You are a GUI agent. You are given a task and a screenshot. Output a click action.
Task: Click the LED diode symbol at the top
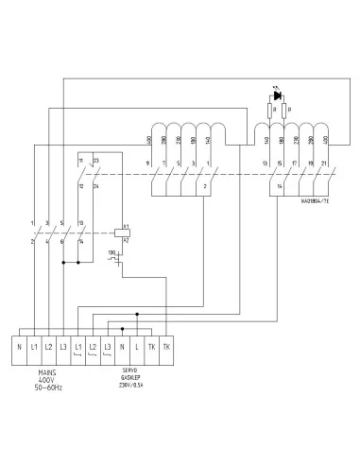[x=276, y=95]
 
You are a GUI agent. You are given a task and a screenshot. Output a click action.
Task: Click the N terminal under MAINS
[x=20, y=347]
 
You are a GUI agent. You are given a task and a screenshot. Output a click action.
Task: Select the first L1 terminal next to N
[x=34, y=347]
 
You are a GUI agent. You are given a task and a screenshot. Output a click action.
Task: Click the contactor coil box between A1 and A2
[x=120, y=232]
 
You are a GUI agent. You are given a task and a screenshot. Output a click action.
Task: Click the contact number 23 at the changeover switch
[x=96, y=162]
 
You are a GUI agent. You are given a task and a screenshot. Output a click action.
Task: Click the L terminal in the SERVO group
[x=138, y=347]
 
